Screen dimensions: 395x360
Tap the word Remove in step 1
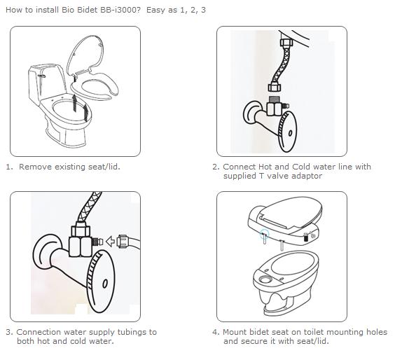point(35,167)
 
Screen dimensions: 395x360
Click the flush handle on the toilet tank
point(41,76)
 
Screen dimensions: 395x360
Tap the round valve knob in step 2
point(287,132)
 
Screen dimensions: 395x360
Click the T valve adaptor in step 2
point(275,106)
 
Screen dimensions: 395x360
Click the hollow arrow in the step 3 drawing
point(110,241)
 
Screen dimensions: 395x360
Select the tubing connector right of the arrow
point(123,242)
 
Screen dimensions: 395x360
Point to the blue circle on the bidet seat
point(265,234)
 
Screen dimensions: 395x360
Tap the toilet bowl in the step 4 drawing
point(286,282)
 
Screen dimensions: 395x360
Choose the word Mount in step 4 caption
point(236,332)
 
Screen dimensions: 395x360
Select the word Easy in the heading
point(154,10)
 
